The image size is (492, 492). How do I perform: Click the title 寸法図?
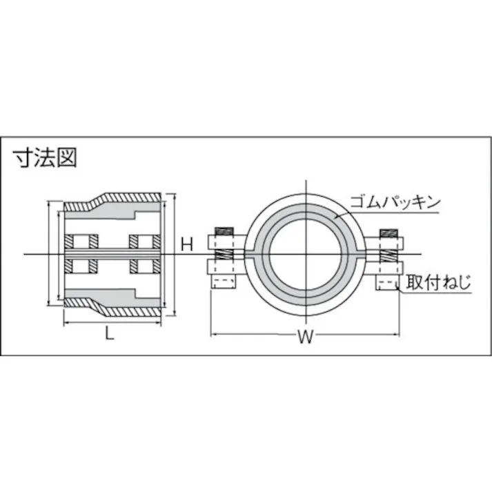(x=46, y=157)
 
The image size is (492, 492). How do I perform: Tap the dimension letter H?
(x=186, y=244)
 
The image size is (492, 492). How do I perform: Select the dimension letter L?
(x=110, y=335)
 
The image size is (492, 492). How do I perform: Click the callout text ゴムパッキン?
(x=394, y=202)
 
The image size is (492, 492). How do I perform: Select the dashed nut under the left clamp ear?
(x=224, y=284)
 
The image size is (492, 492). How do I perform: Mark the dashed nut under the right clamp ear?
(x=386, y=284)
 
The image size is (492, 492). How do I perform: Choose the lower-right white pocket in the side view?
(x=146, y=266)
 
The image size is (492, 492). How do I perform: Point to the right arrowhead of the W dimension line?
(x=397, y=335)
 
